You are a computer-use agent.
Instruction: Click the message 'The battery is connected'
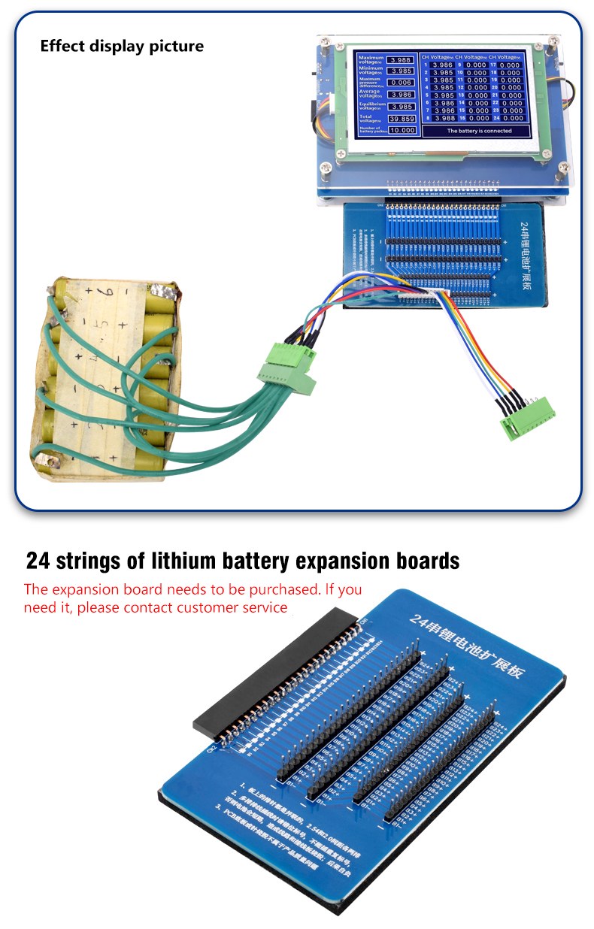(479, 131)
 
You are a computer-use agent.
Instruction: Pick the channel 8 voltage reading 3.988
(444, 118)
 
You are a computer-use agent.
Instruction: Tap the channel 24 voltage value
(511, 118)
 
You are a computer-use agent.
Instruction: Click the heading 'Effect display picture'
(122, 46)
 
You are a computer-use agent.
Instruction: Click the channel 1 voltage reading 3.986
(444, 65)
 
